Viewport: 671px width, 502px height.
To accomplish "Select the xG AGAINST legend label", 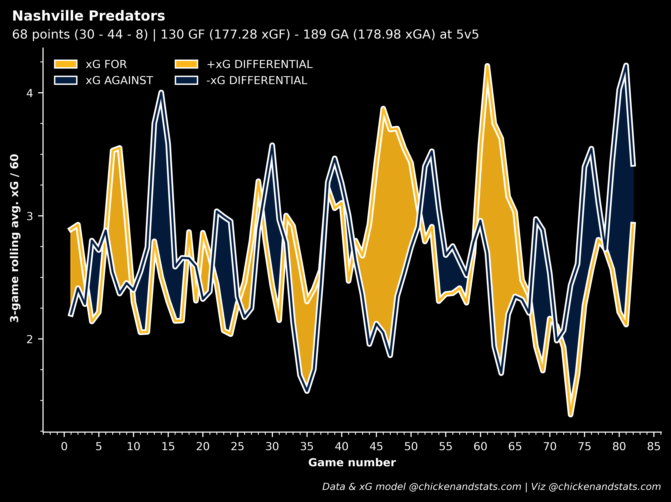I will point(119,80).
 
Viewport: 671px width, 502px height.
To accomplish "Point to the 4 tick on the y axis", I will point(29,93).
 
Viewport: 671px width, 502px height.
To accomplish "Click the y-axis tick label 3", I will point(29,216).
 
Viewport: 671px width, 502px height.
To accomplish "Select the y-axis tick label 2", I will point(29,339).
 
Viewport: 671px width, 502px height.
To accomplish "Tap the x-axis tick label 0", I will point(64,446).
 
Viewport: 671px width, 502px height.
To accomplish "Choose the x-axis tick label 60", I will point(480,446).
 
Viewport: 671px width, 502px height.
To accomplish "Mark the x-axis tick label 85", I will point(654,446).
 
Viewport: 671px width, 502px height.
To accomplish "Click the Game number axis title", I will point(352,463).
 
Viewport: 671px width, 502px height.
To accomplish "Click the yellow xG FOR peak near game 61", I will point(487,66).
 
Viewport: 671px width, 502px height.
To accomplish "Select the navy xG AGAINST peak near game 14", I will point(161,92).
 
